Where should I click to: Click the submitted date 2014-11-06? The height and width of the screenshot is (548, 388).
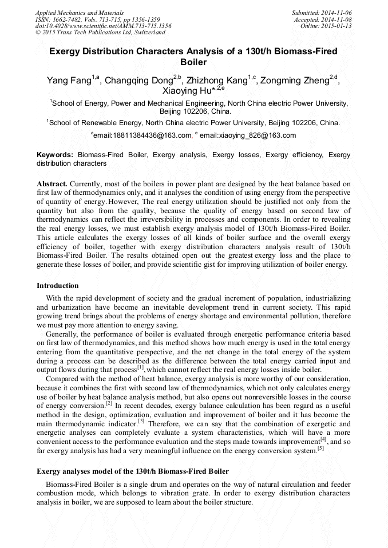(x=336, y=12)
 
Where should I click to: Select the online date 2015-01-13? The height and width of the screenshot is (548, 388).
(x=336, y=26)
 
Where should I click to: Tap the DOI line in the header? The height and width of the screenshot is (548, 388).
(x=103, y=26)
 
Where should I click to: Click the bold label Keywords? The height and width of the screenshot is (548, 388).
(x=55, y=155)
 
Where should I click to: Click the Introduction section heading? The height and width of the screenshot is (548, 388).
(x=58, y=286)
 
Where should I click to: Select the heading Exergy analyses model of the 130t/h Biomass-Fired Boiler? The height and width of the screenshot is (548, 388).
(x=133, y=471)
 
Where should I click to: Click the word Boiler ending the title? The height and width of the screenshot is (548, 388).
(x=193, y=62)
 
